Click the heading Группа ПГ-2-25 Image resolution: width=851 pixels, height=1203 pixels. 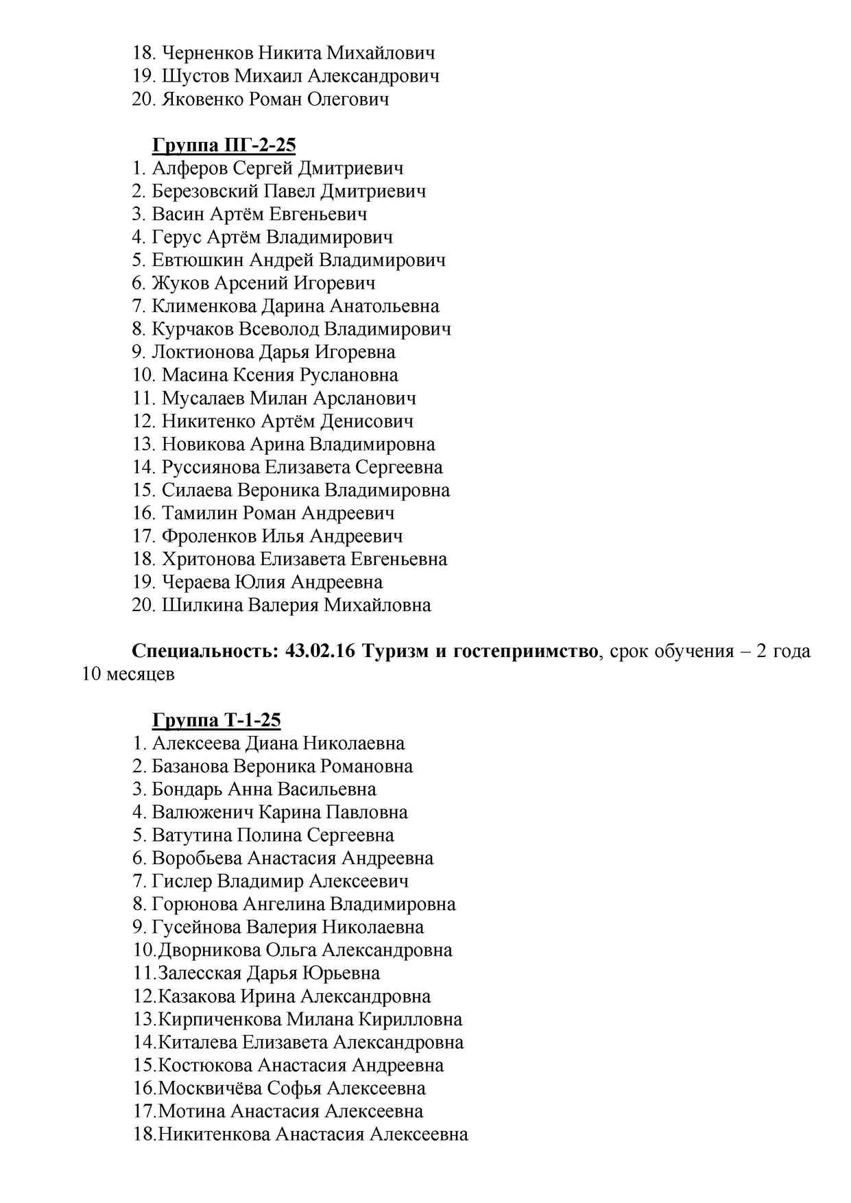point(224,145)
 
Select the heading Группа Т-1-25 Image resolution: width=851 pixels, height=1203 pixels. point(216,720)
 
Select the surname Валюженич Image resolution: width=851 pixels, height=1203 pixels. point(202,813)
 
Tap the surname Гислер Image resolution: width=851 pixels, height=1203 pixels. point(182,881)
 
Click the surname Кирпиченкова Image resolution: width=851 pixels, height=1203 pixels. point(219,1020)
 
